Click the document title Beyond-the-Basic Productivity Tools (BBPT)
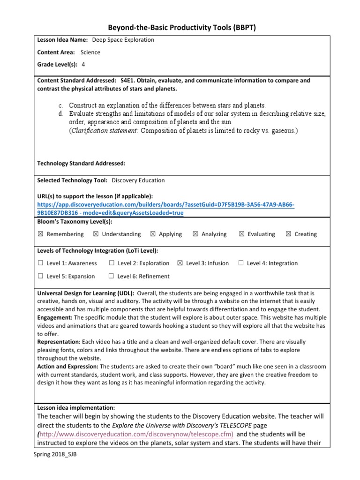click(x=180, y=29)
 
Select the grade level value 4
click(x=83, y=65)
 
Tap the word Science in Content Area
click(x=90, y=52)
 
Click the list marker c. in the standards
click(x=61, y=105)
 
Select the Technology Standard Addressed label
click(x=81, y=164)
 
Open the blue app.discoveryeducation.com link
click(x=165, y=204)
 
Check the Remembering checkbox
click(x=40, y=234)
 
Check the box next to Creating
click(x=288, y=234)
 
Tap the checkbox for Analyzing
click(x=195, y=234)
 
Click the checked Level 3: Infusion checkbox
click(x=180, y=263)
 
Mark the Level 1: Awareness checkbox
click(x=40, y=263)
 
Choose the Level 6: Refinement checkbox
click(x=111, y=277)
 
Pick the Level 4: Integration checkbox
click(x=241, y=263)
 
